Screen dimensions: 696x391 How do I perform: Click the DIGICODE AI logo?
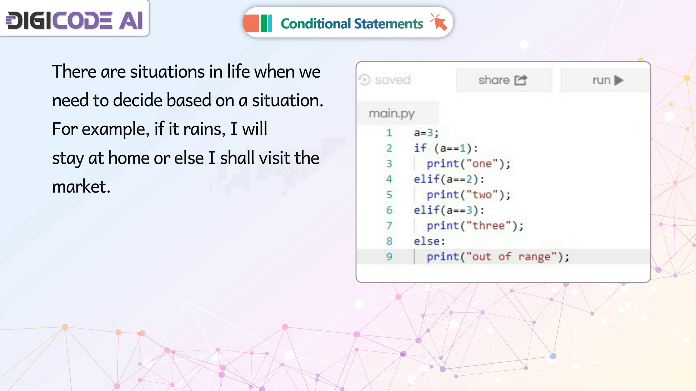coord(74,20)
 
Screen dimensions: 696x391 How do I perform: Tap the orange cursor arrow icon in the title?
coord(439,22)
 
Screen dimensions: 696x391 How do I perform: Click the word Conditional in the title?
coord(315,24)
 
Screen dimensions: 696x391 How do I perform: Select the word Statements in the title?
coord(388,24)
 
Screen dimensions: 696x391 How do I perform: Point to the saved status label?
coord(385,80)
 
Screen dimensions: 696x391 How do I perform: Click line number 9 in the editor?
coord(389,256)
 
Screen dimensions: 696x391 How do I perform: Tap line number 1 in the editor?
coord(389,133)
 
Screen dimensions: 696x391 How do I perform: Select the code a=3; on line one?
coord(426,133)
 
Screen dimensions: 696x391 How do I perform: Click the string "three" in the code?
coord(489,225)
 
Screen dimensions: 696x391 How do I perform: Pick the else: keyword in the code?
coord(430,241)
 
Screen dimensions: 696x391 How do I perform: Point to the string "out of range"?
coord(511,256)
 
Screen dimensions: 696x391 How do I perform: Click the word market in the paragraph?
coord(81,186)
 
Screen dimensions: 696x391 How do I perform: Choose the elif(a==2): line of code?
coord(449,179)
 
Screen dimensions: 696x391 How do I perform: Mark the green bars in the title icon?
coord(266,23)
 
